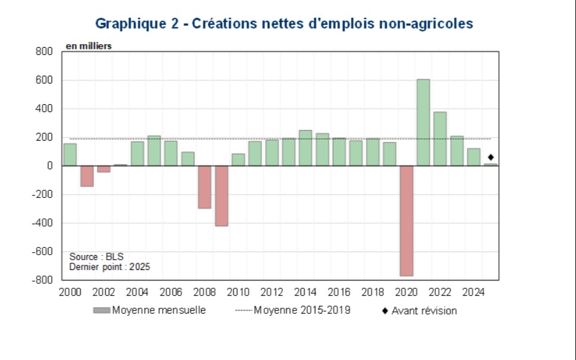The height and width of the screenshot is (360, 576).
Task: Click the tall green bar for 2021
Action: pos(423,122)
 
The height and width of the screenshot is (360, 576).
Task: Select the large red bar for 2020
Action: pos(406,221)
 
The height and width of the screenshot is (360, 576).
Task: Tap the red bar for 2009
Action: pos(222,195)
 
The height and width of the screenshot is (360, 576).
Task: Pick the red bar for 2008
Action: pos(205,187)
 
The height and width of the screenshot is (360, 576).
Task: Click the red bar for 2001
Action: pos(87,176)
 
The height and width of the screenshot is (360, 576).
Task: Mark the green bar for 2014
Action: pos(306,148)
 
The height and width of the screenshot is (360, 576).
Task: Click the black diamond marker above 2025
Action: pos(491,157)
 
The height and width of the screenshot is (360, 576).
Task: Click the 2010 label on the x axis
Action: pos(238,293)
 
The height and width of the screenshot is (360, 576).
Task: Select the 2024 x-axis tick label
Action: pos(474,293)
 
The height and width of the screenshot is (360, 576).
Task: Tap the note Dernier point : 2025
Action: pos(110,267)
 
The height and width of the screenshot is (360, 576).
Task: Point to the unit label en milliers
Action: pos(88,46)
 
